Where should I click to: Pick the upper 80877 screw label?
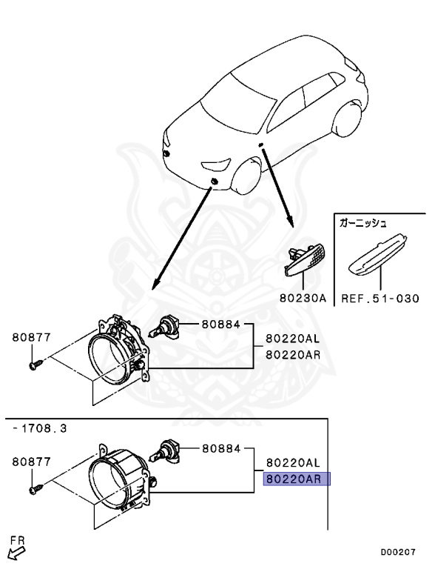(x=31, y=338)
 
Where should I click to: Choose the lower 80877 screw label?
(x=31, y=462)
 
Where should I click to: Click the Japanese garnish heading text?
(x=364, y=221)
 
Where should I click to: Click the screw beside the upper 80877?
(x=35, y=365)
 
